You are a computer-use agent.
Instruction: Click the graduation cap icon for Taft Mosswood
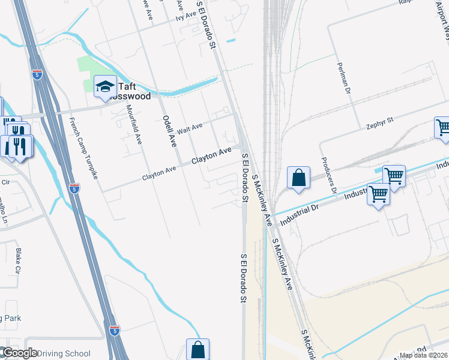(x=105, y=87)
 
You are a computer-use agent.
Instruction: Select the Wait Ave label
(x=189, y=128)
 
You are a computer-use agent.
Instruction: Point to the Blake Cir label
(x=18, y=257)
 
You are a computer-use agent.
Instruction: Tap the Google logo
(x=20, y=353)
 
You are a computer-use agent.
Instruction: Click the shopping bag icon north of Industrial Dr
(x=298, y=179)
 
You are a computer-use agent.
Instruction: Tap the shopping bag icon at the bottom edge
(x=197, y=350)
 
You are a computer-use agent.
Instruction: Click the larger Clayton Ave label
(x=211, y=157)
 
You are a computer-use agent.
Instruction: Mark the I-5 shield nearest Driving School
(x=115, y=330)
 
